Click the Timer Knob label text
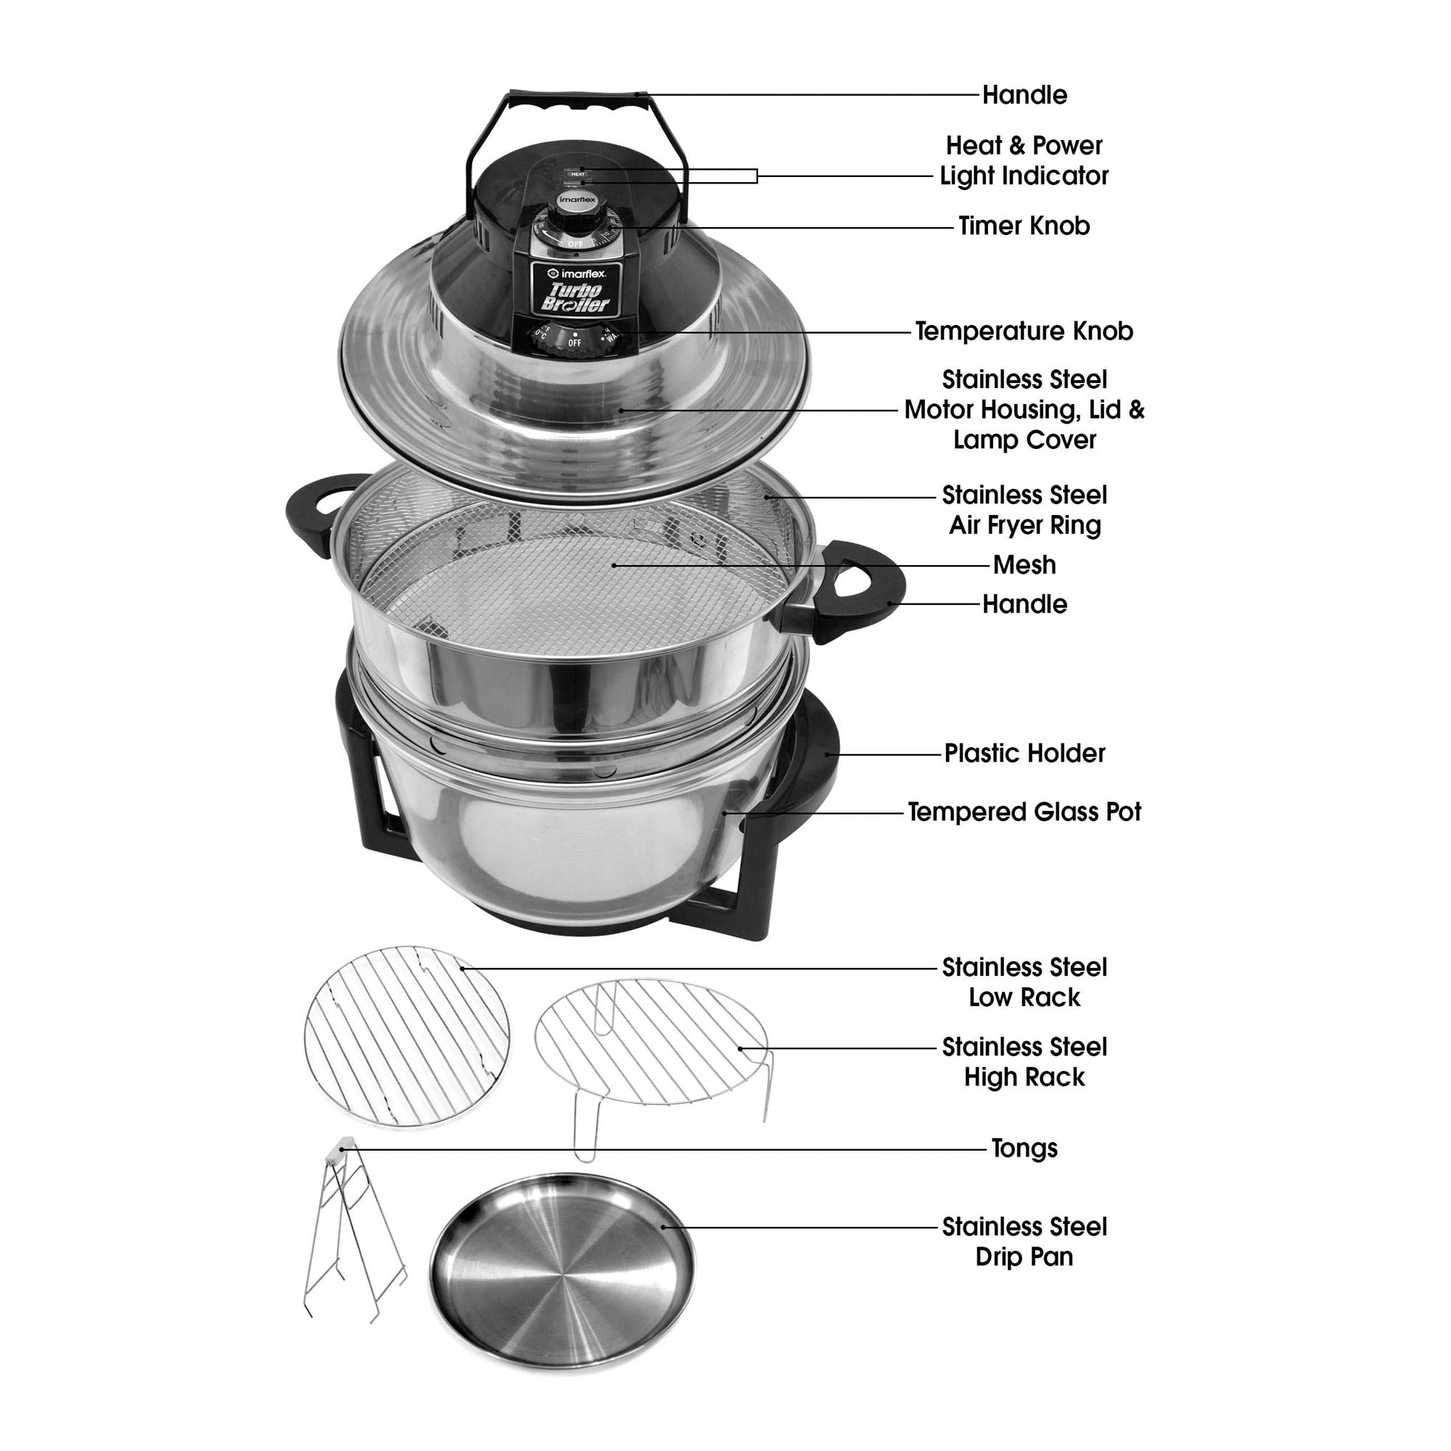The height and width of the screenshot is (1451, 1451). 1024,226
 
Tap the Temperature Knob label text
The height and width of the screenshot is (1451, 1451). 1024,332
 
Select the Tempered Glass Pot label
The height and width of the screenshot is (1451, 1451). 1024,812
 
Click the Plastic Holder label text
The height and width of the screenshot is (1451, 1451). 1024,753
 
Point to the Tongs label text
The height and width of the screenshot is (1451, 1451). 1024,1148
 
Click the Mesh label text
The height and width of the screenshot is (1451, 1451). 1024,564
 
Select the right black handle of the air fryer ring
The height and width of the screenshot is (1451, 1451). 863,593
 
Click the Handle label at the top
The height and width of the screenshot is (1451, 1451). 1024,95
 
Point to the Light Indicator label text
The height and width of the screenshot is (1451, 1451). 1024,176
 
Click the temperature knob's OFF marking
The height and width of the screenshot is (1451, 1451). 575,342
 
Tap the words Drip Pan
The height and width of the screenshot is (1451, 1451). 1024,1257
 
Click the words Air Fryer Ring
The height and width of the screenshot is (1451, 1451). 1024,525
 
